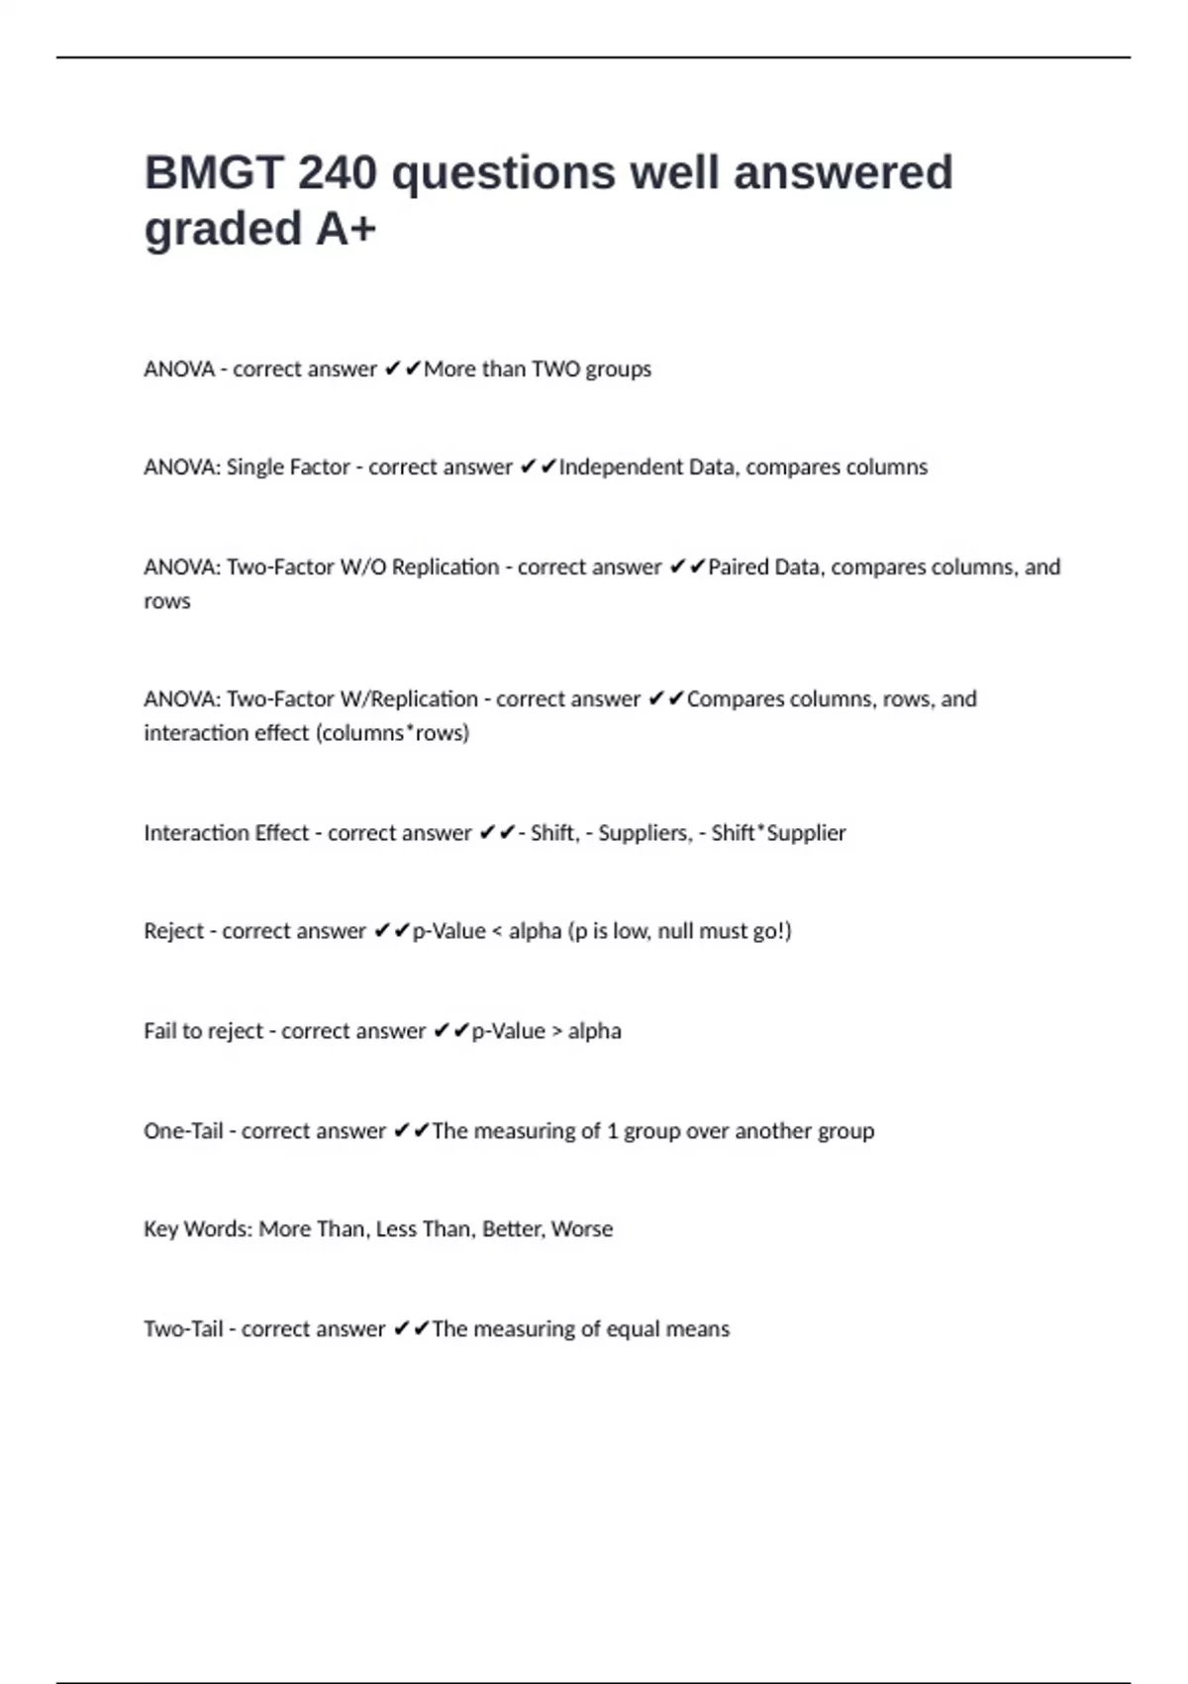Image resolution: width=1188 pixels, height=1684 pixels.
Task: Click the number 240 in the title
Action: [337, 173]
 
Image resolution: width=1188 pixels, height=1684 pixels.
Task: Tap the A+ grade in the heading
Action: [346, 229]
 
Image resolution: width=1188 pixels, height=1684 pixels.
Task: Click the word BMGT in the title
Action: [214, 173]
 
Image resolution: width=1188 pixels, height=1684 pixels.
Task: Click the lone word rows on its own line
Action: [166, 601]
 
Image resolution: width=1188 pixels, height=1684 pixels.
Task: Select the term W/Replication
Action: [408, 699]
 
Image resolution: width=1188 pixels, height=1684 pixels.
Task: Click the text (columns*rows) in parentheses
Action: [392, 733]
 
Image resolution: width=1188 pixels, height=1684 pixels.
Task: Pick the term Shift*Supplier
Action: [778, 833]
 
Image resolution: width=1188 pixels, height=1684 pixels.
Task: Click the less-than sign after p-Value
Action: [497, 931]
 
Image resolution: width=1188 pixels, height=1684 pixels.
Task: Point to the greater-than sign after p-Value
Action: [556, 1031]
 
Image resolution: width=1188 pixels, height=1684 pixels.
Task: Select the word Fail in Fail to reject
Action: [159, 1031]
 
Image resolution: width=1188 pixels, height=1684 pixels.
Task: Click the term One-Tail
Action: [183, 1131]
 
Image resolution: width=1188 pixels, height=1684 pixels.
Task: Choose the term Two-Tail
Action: [183, 1329]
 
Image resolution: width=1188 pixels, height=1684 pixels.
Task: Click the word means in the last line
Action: [701, 1329]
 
